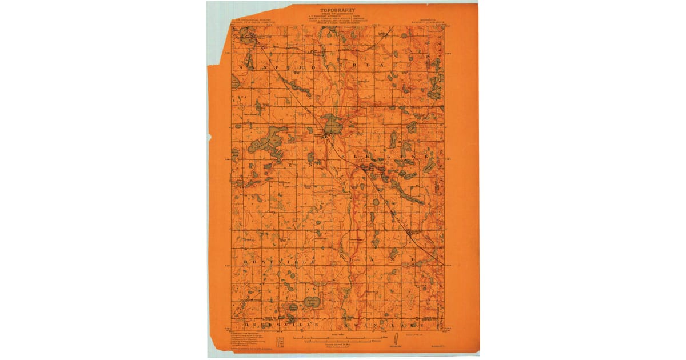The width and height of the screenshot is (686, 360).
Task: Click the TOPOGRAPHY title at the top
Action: [338, 10]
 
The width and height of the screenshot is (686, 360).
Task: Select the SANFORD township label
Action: [269, 66]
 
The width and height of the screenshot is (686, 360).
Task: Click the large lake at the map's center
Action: [330, 123]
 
